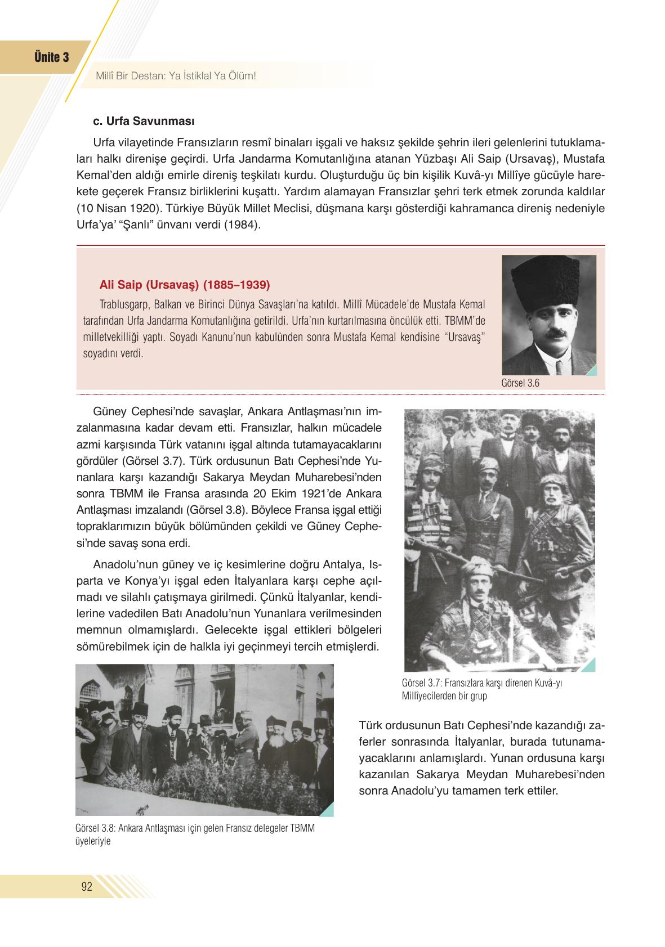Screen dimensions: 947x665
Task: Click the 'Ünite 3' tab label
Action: (51, 57)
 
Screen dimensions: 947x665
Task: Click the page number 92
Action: (87, 887)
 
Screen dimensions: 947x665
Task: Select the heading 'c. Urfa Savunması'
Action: (144, 121)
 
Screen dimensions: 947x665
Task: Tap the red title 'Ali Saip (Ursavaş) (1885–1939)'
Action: (185, 284)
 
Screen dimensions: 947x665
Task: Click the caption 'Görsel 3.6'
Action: (520, 383)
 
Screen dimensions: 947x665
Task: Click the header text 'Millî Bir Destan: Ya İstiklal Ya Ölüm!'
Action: (176, 75)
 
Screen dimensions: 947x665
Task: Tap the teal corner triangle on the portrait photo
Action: (591, 370)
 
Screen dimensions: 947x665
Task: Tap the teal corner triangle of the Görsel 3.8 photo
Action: (328, 810)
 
